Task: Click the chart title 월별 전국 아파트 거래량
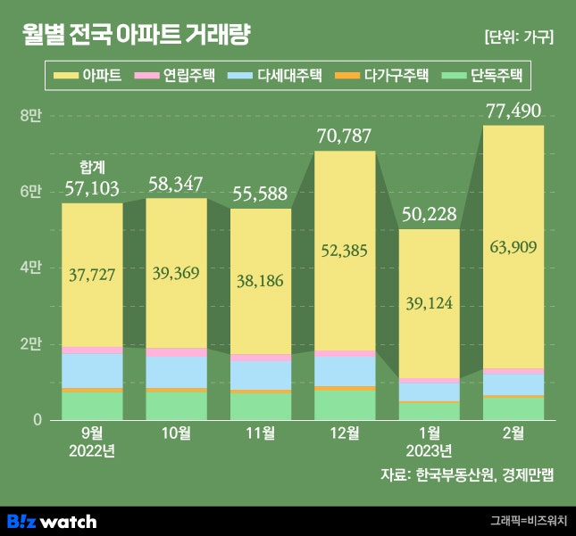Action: pyautogui.click(x=137, y=36)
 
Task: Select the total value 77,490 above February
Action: pyautogui.click(x=513, y=111)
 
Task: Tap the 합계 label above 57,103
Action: pyautogui.click(x=92, y=167)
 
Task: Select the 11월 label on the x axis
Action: pyautogui.click(x=260, y=434)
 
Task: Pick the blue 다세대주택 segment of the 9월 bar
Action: pyautogui.click(x=92, y=370)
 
